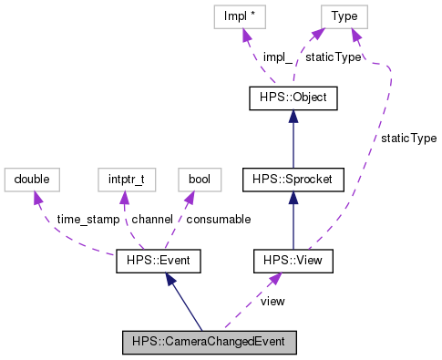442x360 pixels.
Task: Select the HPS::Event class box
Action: (159, 262)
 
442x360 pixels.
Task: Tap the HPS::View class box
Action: (293, 262)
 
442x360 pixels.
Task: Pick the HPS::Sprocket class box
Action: (293, 180)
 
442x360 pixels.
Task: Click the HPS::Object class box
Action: (293, 98)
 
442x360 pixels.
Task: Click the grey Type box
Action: (344, 15)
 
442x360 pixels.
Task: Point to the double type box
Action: (31, 180)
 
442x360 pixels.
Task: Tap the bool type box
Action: (199, 180)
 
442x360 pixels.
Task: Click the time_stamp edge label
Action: (87, 220)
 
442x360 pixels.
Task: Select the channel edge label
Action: (153, 220)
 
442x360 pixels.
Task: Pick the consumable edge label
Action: (218, 220)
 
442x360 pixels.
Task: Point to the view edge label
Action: (272, 301)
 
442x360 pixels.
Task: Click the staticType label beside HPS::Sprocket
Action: (408, 139)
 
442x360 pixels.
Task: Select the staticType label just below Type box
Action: (333, 57)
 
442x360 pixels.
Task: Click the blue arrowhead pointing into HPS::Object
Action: (293, 116)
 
